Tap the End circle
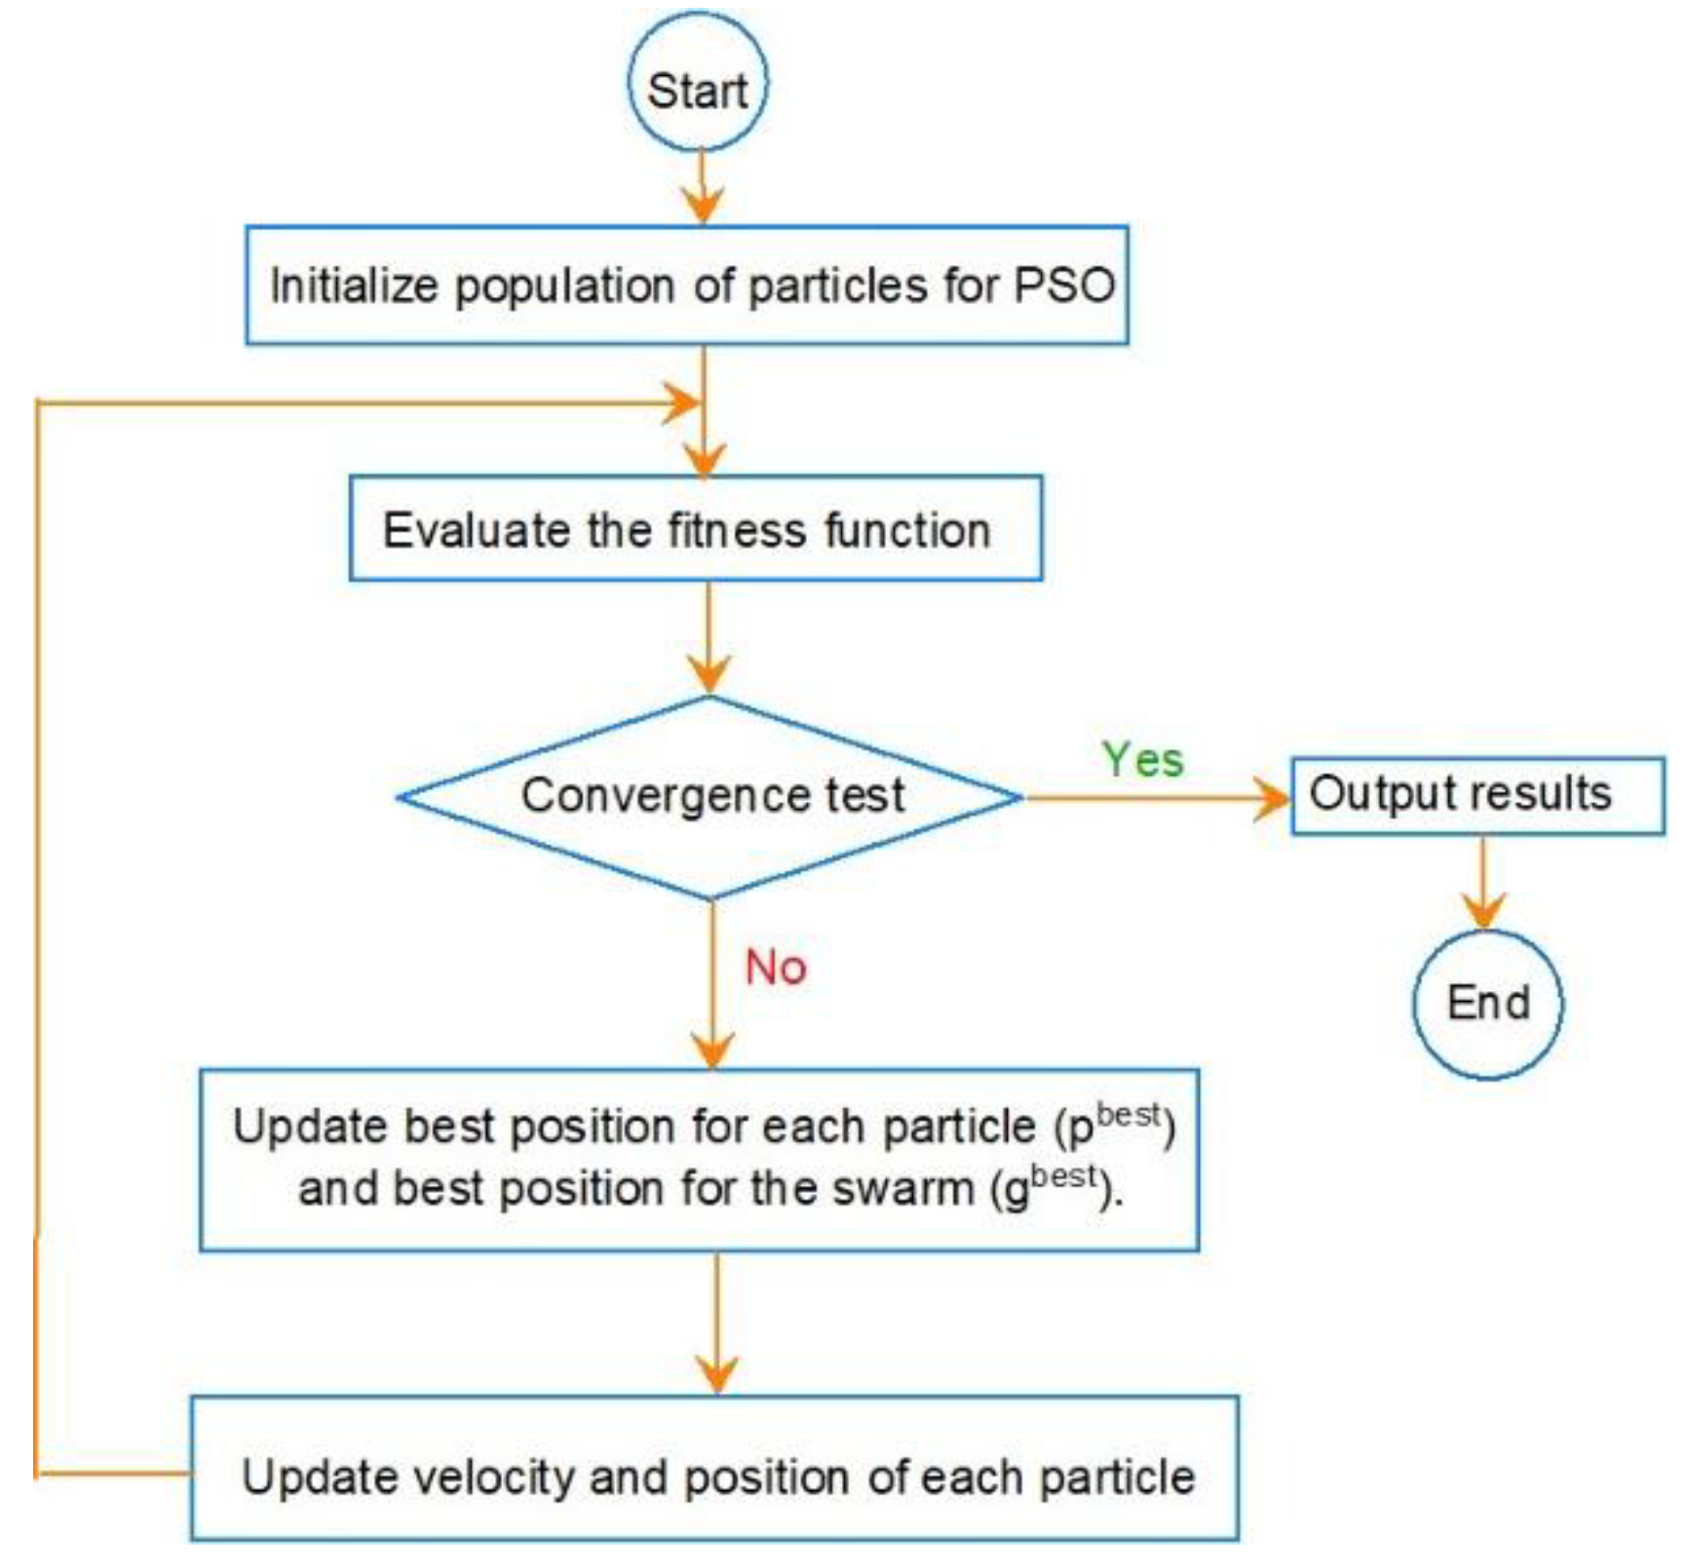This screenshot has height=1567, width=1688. [1487, 1004]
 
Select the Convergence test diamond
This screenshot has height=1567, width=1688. [710, 796]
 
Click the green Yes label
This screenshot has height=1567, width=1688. [1142, 759]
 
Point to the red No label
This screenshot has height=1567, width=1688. [776, 968]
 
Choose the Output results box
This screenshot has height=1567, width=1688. [1477, 795]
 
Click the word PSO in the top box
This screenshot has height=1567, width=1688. [1064, 286]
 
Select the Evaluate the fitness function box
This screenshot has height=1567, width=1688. [695, 529]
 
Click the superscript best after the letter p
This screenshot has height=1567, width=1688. [1129, 1115]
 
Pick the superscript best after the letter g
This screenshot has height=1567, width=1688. [1064, 1177]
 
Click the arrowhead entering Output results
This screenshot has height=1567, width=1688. [1272, 798]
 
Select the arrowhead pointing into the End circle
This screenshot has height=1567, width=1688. [1483, 912]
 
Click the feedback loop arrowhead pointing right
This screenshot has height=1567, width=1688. [682, 402]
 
